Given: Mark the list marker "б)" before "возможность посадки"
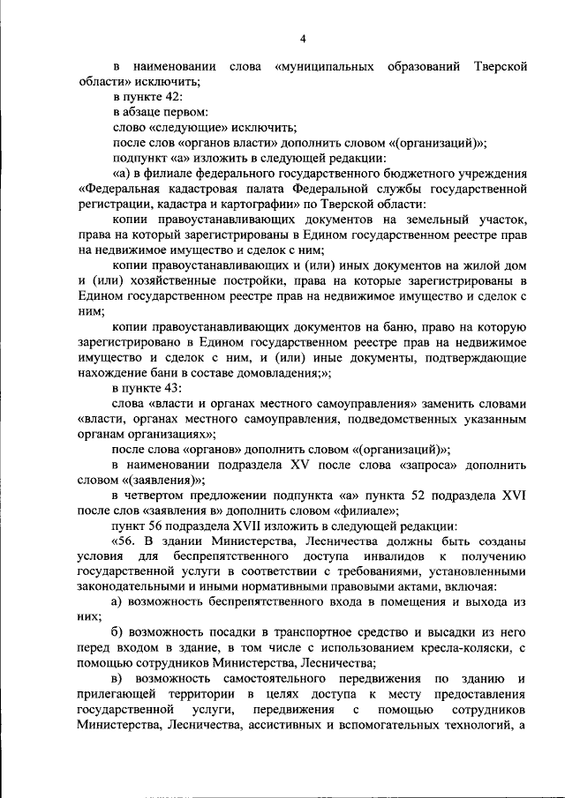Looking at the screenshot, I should pos(119,633).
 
